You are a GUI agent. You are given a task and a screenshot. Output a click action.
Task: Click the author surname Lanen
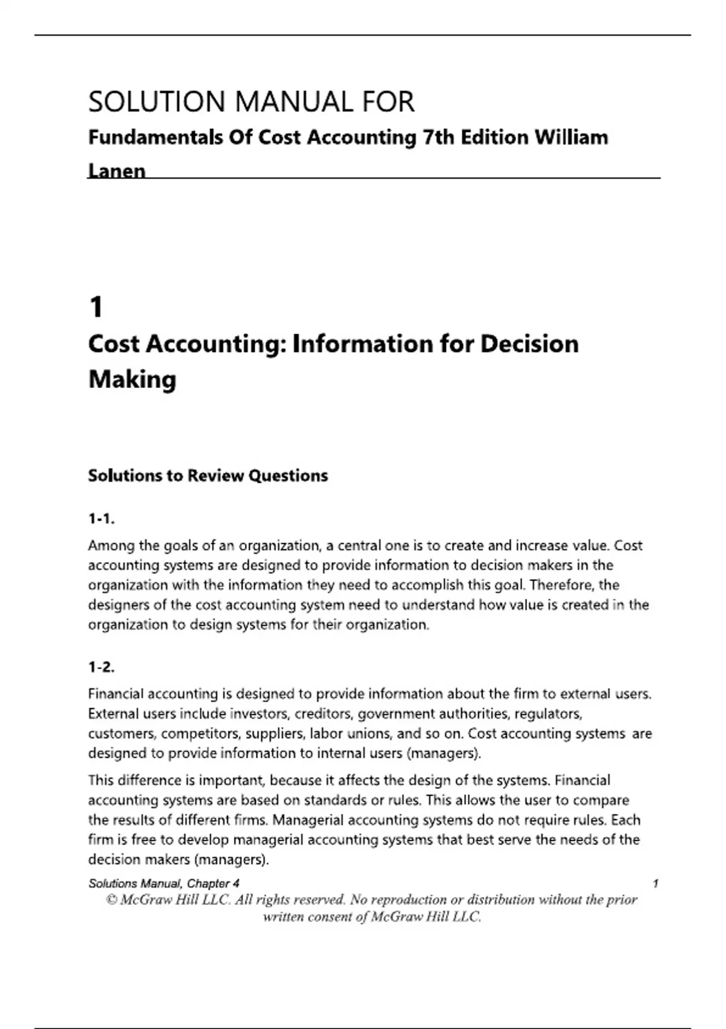117,171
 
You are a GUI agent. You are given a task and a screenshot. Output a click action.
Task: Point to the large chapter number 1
96,307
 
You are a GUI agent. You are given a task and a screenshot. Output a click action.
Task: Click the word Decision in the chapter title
529,344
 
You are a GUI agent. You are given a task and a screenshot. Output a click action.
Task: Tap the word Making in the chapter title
132,380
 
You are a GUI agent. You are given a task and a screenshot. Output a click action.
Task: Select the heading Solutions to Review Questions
208,476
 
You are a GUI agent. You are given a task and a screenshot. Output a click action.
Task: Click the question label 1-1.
101,519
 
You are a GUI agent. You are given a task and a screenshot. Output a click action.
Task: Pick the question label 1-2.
101,668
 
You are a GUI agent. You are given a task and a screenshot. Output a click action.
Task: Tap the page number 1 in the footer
655,884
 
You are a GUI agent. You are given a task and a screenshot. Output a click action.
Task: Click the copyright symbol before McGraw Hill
111,900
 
